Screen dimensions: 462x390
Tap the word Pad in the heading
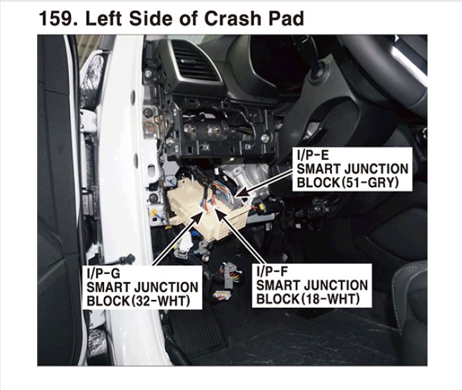point(286,19)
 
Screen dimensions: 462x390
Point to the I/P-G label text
point(103,274)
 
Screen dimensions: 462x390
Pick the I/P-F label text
point(272,271)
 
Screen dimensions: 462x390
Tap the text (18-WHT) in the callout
point(329,298)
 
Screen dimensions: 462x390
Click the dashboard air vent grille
point(196,63)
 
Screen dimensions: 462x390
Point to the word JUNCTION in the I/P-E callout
point(376,169)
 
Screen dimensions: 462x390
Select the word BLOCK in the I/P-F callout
point(277,298)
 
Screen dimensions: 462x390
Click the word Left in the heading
point(103,19)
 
